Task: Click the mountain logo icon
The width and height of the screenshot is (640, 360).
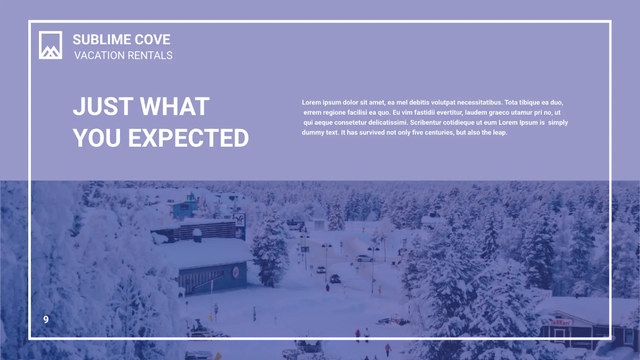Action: pos(50,45)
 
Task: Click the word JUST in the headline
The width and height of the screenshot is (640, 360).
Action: pos(102,107)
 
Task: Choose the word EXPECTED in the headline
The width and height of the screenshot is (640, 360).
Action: pos(188,138)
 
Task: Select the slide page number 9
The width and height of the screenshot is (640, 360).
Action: pos(46,319)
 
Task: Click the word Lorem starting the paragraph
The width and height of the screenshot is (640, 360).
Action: pos(311,102)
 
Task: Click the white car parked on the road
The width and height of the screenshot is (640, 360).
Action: pos(365,258)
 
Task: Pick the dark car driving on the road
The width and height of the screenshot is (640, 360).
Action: pos(335,278)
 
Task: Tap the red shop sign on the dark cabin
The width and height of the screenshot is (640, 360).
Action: pos(561,322)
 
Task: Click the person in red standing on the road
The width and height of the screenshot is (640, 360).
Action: pos(327,287)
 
